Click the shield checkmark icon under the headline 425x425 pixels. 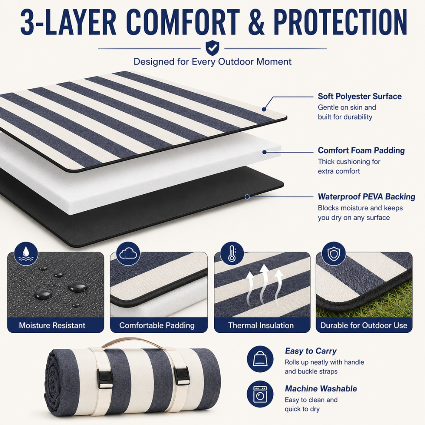212,48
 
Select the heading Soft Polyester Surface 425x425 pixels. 360,96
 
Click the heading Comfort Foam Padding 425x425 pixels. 361,150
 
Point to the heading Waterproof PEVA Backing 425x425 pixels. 366,197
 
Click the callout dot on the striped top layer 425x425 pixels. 264,109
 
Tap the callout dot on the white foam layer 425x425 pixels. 264,152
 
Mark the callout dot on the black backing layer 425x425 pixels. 247,197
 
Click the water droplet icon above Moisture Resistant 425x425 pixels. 26,253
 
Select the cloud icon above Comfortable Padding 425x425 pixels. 128,254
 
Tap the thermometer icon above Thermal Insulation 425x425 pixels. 232,254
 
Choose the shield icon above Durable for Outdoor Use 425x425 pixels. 334,254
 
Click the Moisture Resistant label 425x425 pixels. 52,325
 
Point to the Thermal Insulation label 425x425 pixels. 261,325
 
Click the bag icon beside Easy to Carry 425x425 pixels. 260,359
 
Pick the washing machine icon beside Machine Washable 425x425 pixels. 260,394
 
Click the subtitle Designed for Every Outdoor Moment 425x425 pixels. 212,62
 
